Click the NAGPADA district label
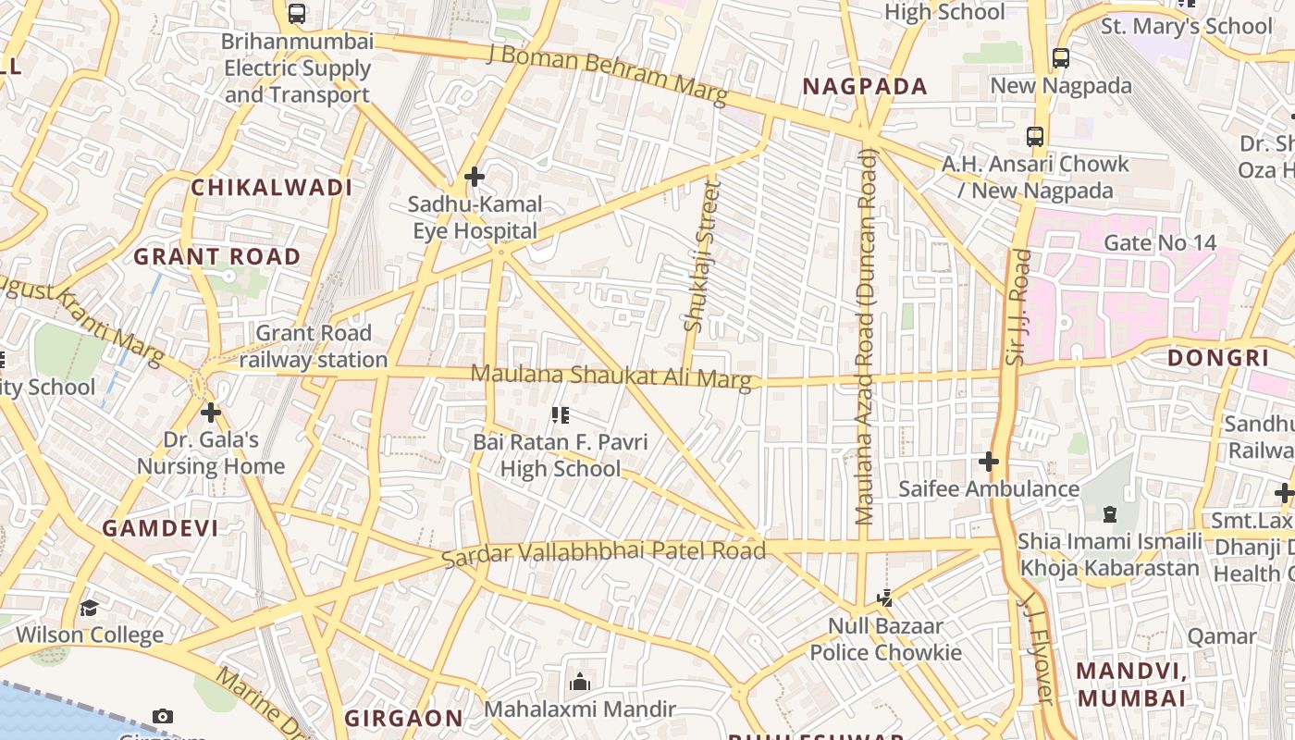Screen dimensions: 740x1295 click(864, 87)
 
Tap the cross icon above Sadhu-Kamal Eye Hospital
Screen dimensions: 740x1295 click(475, 176)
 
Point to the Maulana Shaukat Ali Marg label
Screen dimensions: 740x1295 click(611, 376)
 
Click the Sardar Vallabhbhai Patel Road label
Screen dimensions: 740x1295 click(603, 552)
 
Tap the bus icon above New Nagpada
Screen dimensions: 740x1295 click(1061, 57)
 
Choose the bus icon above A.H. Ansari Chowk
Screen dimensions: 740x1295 click(1035, 137)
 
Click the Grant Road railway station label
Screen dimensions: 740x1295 click(314, 346)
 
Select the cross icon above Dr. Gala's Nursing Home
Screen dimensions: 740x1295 click(211, 412)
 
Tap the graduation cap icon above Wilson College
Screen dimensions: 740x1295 click(89, 608)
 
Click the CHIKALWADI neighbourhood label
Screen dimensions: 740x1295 click(272, 188)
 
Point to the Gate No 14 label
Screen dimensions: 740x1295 click(1160, 243)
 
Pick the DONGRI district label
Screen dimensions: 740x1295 click(1217, 358)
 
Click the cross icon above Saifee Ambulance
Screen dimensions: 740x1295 click(989, 461)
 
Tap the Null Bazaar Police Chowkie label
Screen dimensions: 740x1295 click(885, 639)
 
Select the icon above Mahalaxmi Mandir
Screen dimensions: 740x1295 click(580, 683)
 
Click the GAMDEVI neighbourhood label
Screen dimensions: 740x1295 click(160, 528)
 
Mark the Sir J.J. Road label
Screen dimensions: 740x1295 click(1017, 305)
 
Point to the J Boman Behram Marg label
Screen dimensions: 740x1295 click(608, 73)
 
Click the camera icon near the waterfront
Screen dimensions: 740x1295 click(163, 716)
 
